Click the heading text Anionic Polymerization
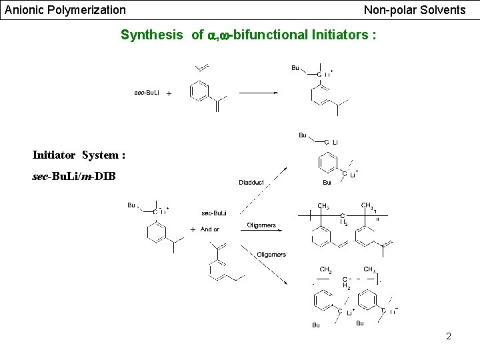coord(65,10)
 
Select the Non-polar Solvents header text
coord(415,10)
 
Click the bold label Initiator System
coord(79,155)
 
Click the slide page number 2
coord(449,336)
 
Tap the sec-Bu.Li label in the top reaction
coord(147,92)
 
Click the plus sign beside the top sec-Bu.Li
coord(168,93)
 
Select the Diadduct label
coord(251,182)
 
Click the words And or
coord(210,229)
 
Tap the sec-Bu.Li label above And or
coord(213,213)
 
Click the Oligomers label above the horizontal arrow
coord(261,225)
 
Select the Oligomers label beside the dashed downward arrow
coord(271,255)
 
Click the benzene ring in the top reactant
coord(200,91)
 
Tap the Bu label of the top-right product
coord(295,67)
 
